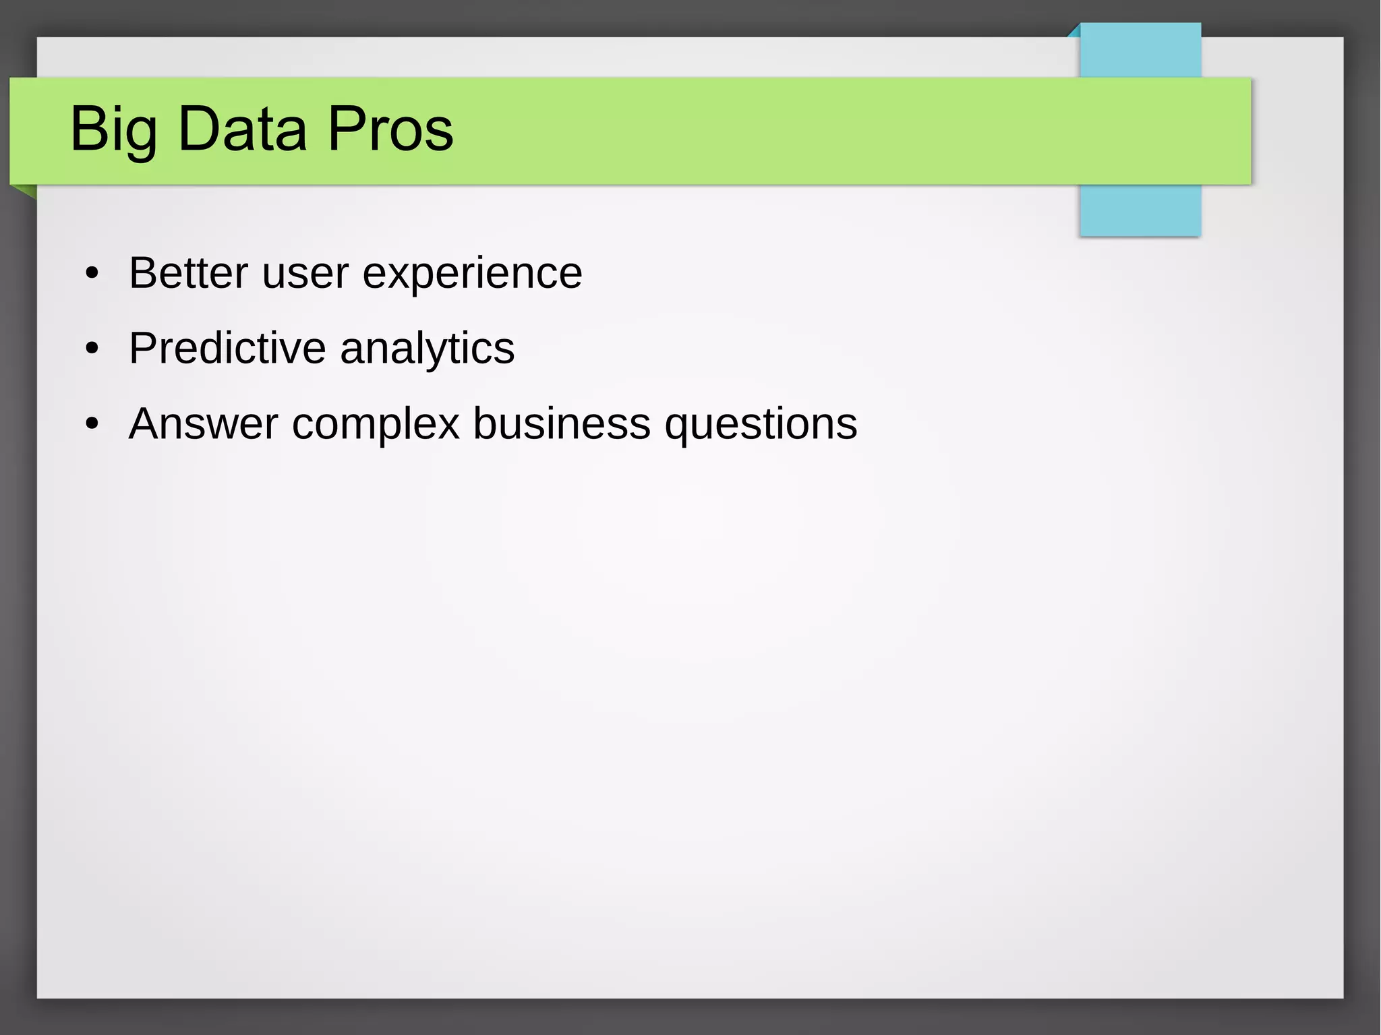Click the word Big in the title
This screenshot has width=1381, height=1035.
[x=113, y=129]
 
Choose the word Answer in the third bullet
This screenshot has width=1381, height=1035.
[x=203, y=424]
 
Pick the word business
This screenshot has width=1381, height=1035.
[x=561, y=424]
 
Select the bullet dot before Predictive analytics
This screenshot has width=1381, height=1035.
[x=92, y=349]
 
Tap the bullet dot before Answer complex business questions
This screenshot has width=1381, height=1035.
[x=92, y=425]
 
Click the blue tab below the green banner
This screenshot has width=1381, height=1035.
[x=1140, y=210]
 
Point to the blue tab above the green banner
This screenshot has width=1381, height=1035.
[x=1140, y=51]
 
